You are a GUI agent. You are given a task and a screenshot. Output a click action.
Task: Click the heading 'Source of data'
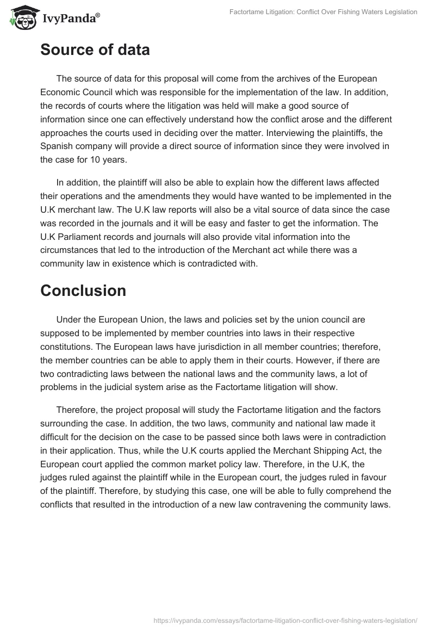pyautogui.click(x=95, y=50)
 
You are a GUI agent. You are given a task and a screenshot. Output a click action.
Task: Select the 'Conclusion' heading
pyautogui.click(x=83, y=290)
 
